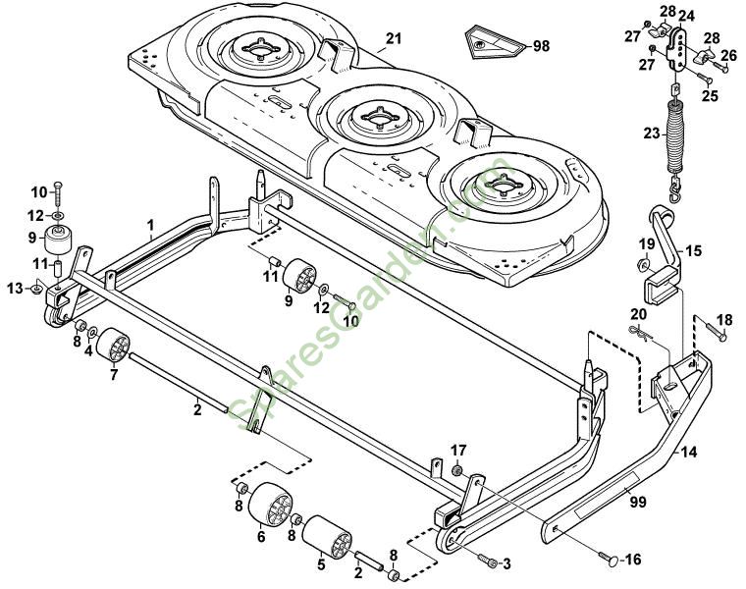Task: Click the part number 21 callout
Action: point(394,38)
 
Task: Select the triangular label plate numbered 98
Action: point(492,43)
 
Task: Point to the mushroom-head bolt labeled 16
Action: point(610,560)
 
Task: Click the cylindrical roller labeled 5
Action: point(326,542)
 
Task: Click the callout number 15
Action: point(693,252)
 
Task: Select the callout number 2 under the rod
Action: point(197,408)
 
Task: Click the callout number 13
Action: point(13,287)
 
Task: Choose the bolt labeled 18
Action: point(714,331)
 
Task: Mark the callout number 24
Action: point(685,16)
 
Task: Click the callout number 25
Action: point(710,96)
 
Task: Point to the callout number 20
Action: point(636,314)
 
